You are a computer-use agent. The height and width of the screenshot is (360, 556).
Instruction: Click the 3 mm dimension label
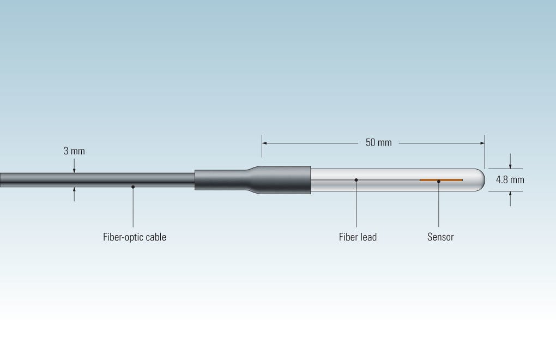74,151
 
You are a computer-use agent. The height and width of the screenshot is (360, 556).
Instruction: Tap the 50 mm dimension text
378,143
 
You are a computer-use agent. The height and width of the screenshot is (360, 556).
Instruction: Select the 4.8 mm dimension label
510,179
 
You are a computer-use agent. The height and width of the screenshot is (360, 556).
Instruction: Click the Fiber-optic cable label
135,237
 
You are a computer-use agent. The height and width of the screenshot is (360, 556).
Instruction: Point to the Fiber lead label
358,237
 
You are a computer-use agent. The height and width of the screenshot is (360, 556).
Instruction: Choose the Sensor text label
440,237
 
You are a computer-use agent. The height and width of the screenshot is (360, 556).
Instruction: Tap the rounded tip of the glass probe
481,179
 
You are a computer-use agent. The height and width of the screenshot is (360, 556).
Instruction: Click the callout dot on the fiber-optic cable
133,187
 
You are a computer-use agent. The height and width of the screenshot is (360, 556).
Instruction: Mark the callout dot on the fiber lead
356,179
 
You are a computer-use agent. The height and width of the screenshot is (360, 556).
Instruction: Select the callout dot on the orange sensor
438,181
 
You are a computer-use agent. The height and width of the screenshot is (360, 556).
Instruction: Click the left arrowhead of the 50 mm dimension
265,143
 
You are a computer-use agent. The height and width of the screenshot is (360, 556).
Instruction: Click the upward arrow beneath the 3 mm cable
74,190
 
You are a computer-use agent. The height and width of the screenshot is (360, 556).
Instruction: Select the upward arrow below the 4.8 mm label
510,194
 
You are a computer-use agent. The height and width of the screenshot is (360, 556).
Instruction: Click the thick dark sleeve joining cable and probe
283,179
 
